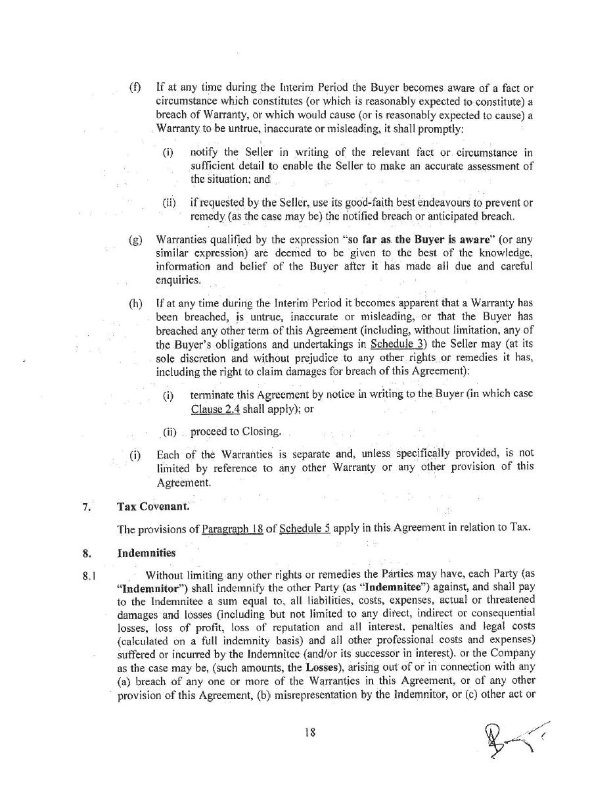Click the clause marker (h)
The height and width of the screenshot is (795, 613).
[x=135, y=304]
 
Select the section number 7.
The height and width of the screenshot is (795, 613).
[x=87, y=507]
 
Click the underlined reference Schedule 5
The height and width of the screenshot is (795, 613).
[x=304, y=529]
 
